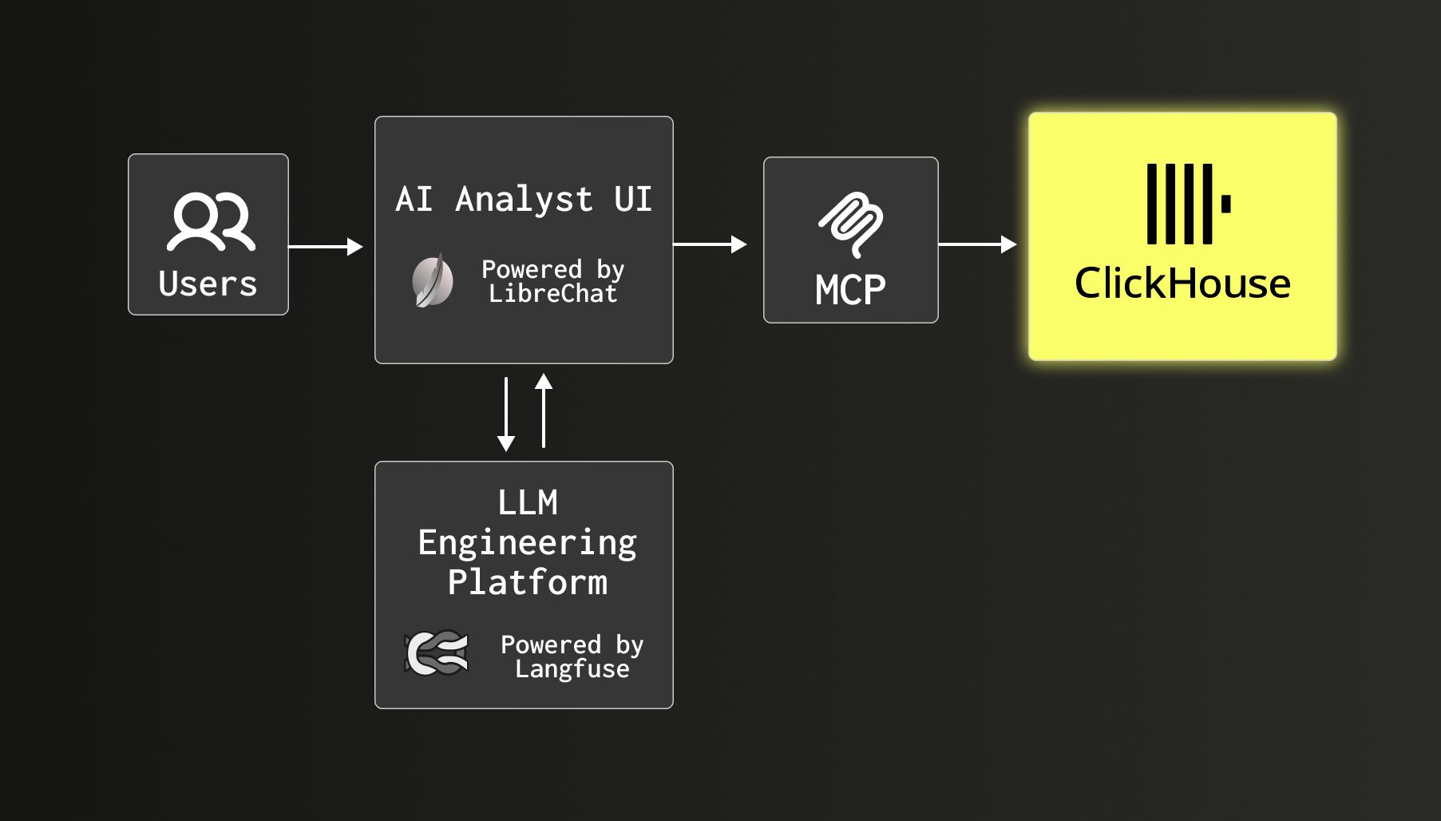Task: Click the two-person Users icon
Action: point(211,221)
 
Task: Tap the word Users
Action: point(208,284)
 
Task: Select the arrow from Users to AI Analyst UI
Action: point(325,247)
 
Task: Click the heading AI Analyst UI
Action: point(524,199)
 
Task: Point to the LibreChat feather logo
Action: point(433,280)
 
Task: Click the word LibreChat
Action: point(552,294)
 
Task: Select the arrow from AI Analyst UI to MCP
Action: point(710,244)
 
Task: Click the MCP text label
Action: point(850,290)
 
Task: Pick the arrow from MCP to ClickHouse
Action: point(977,244)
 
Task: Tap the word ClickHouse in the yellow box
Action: point(1182,284)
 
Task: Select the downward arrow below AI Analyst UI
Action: point(506,414)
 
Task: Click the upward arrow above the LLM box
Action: point(544,410)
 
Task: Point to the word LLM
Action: point(528,503)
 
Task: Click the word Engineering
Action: point(528,543)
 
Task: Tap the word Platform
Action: point(528,582)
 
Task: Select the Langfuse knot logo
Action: point(437,653)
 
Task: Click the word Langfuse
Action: point(572,669)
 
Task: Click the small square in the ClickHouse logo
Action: point(1225,204)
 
